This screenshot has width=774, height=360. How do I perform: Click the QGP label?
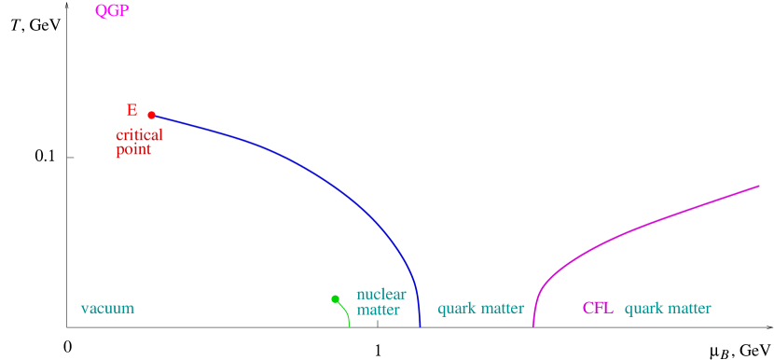tap(112, 11)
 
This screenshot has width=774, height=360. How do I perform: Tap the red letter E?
tap(131, 110)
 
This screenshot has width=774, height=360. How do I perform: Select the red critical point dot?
tap(151, 116)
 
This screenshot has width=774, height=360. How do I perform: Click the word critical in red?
tap(139, 135)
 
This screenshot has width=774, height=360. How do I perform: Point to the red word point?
tap(133, 149)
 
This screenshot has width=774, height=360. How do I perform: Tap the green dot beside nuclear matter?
tap(335, 298)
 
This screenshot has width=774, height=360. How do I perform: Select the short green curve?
tap(346, 312)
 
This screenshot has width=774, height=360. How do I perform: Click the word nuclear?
tap(380, 295)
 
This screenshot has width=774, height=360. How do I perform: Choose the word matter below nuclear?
tap(378, 310)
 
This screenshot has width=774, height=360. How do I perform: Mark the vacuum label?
tap(107, 309)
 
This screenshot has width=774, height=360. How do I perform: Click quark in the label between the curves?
tap(457, 309)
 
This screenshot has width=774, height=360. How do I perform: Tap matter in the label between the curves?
tap(503, 309)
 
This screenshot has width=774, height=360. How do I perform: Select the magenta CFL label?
tap(598, 309)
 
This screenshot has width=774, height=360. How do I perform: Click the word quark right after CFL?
tap(643, 309)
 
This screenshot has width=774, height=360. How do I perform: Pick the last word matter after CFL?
tap(689, 309)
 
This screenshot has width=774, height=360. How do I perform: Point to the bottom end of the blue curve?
tap(420, 325)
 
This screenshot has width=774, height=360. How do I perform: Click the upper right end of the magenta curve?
tap(758, 187)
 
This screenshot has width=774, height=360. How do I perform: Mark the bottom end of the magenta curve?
tap(533, 325)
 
